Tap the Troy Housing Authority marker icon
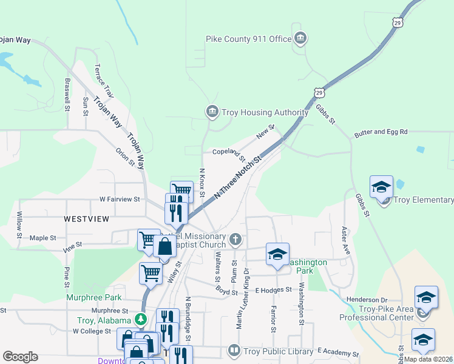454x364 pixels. pyautogui.click(x=212, y=112)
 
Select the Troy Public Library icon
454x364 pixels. pyautogui.click(x=234, y=350)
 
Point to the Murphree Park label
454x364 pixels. pyautogui.click(x=95, y=298)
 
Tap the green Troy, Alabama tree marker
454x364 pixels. pyautogui.click(x=141, y=319)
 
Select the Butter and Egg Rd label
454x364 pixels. pyautogui.click(x=381, y=132)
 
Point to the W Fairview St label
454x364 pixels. pyautogui.click(x=120, y=199)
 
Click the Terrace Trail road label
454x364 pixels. pyautogui.click(x=103, y=81)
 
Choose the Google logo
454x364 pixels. pyautogui.click(x=20, y=357)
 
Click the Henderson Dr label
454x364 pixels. pyautogui.click(x=367, y=300)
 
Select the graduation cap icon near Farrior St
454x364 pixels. pyautogui.click(x=277, y=254)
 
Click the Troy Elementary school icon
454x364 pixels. pyautogui.click(x=382, y=187)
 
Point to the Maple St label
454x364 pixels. pyautogui.click(x=42, y=238)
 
